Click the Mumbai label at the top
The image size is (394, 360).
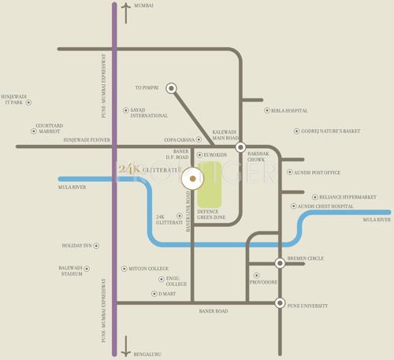(x=144, y=6)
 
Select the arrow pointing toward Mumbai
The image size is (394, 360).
(x=125, y=12)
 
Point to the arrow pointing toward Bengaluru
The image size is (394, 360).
(x=125, y=347)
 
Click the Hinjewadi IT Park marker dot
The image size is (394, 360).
(x=29, y=102)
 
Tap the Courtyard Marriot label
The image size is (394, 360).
(x=49, y=128)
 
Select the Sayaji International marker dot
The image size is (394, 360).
(x=125, y=110)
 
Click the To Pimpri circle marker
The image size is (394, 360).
(x=171, y=88)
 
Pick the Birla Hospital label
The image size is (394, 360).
(x=289, y=111)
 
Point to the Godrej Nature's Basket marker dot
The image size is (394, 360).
(x=296, y=132)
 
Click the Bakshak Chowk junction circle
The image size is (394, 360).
(x=241, y=147)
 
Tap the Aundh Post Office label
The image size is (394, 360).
(x=318, y=173)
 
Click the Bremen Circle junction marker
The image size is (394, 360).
(x=280, y=263)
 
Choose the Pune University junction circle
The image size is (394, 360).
(x=280, y=302)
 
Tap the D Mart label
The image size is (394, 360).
(x=167, y=294)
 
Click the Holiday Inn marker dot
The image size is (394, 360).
(x=97, y=246)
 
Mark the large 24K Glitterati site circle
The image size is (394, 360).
(x=192, y=179)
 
